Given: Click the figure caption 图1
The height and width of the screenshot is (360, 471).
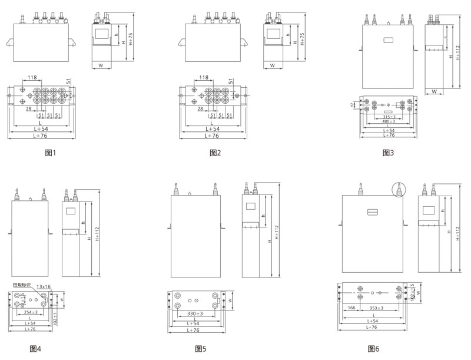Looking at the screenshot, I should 50,153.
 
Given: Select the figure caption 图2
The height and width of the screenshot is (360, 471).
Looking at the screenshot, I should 215,153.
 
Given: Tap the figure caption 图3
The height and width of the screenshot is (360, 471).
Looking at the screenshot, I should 388,153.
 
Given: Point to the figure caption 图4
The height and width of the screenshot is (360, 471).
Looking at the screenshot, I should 35,349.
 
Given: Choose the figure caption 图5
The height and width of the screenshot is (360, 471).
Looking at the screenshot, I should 201,349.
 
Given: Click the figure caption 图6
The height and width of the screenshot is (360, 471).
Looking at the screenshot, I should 373,349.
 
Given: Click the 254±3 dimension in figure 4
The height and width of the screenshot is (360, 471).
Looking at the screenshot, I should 31,312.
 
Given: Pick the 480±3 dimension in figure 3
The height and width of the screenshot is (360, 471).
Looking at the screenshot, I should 388,121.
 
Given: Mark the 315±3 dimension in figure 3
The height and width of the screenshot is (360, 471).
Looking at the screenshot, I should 388,117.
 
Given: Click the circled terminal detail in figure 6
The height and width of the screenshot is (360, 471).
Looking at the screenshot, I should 399,190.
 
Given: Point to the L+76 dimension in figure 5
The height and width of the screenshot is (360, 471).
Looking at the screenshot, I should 195,331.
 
